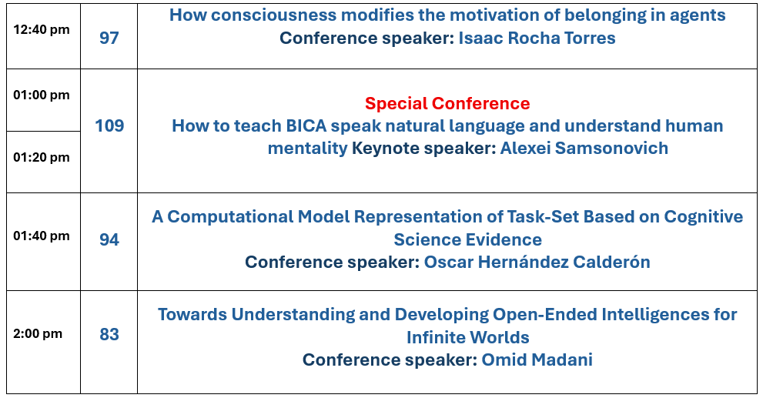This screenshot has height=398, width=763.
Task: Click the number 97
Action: (x=109, y=38)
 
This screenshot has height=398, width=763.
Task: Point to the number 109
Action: (x=109, y=125)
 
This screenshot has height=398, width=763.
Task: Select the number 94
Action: (x=109, y=239)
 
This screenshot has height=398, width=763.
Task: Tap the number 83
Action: (x=109, y=334)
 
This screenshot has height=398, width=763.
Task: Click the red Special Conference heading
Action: (x=447, y=103)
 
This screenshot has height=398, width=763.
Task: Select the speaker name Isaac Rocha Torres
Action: (x=537, y=38)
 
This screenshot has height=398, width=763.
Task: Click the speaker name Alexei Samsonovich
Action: (x=584, y=148)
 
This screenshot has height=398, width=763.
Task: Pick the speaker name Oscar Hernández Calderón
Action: (x=537, y=262)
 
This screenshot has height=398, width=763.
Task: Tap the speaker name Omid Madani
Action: (x=537, y=360)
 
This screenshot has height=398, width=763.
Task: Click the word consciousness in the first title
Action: (x=273, y=15)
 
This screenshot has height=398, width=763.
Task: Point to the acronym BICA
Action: (x=306, y=125)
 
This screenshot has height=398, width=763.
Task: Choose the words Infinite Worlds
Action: (x=467, y=337)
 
